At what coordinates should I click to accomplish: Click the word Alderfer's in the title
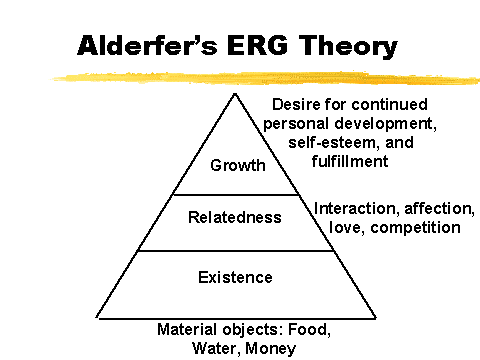click(147, 45)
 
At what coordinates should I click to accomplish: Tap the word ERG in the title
click(257, 45)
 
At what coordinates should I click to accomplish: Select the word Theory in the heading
click(348, 47)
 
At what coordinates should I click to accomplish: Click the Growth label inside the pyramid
click(238, 165)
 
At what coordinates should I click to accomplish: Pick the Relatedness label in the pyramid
click(235, 217)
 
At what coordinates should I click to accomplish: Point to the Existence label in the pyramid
click(235, 277)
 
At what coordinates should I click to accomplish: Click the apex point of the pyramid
click(235, 94)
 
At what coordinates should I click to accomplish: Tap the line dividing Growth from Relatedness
click(236, 195)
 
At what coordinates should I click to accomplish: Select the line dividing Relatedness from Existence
click(236, 251)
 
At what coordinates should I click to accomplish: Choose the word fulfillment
click(350, 162)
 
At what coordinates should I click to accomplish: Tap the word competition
click(415, 228)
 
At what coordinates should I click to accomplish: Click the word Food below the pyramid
click(309, 330)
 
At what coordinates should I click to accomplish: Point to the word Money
click(270, 350)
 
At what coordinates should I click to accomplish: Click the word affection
click(439, 209)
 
